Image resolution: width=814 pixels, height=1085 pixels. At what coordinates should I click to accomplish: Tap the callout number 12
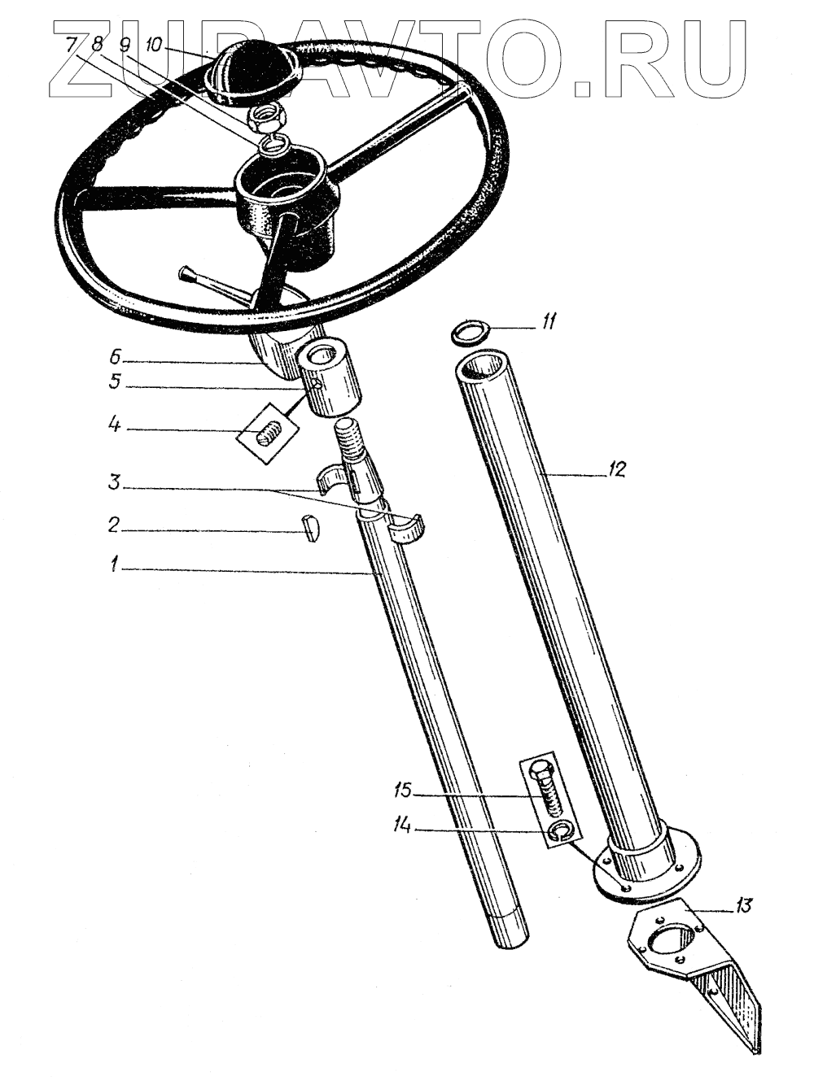click(615, 469)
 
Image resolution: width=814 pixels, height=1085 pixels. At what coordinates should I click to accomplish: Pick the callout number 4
click(116, 425)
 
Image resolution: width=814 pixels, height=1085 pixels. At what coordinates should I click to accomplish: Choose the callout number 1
click(116, 563)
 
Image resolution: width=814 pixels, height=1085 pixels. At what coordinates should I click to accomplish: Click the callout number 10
click(155, 43)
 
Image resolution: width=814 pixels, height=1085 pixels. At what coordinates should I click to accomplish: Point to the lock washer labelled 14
click(558, 830)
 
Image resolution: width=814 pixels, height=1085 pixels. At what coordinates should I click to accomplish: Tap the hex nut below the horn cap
click(269, 120)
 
